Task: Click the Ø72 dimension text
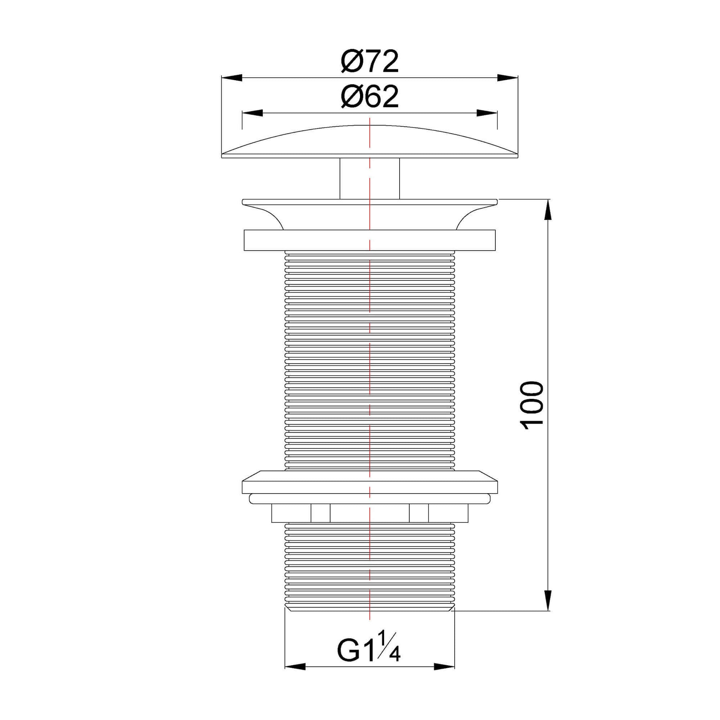click(x=369, y=62)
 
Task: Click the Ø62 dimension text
click(x=369, y=97)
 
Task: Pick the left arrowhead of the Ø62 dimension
click(x=252, y=113)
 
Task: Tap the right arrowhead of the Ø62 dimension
click(x=487, y=113)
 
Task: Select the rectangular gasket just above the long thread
click(x=369, y=240)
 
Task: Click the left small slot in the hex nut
click(x=320, y=514)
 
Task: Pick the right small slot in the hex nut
click(x=418, y=514)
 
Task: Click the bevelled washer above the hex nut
click(x=369, y=484)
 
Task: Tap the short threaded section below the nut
click(x=369, y=566)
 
